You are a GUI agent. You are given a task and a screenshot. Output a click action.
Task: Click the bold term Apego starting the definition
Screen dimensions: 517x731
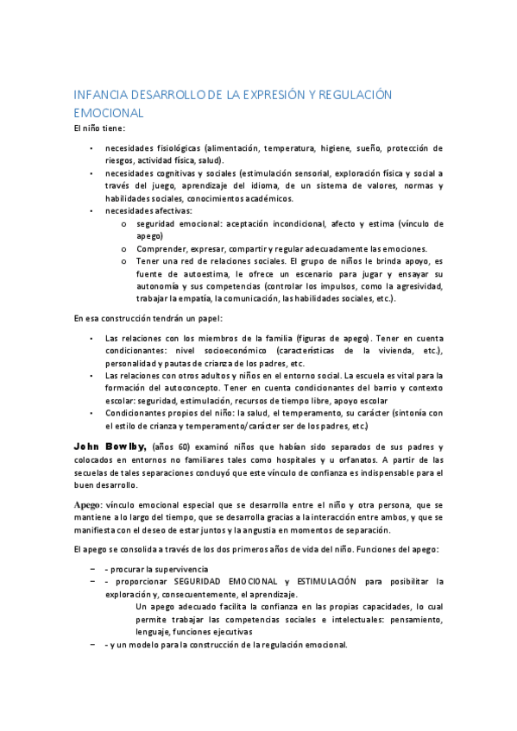click(87, 504)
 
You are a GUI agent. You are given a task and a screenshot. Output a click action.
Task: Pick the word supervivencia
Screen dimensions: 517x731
click(173, 569)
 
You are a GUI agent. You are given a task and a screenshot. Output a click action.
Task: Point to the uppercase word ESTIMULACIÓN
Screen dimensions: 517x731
click(338, 582)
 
